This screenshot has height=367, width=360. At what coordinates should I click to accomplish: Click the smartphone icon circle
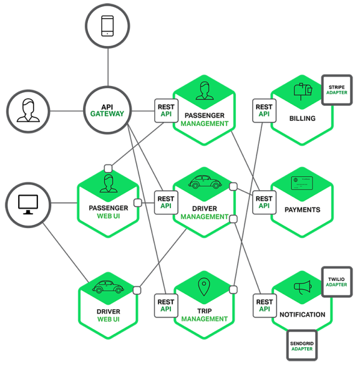[x=108, y=25]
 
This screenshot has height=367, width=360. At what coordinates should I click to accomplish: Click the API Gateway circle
[x=108, y=110]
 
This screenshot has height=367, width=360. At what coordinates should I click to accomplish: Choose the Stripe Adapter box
[x=336, y=90]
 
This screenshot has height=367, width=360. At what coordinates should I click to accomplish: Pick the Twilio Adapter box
[x=336, y=281]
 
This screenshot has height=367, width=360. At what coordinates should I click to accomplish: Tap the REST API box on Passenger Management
[x=165, y=110]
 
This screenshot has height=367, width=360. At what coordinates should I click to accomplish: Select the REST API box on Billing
[x=264, y=110]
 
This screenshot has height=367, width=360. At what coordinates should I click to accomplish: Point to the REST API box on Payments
[x=264, y=202]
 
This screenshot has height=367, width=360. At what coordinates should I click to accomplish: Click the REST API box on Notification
[x=264, y=305]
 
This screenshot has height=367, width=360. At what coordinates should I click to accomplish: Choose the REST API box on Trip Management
[x=165, y=305]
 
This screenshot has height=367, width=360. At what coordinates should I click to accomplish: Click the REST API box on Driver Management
[x=165, y=202]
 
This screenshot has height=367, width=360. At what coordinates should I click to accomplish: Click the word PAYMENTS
[x=302, y=210]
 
